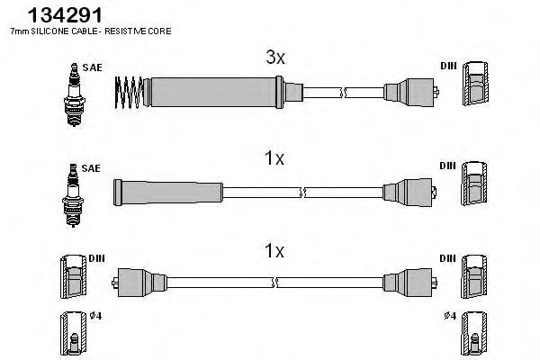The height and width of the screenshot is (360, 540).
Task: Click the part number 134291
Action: coord(42,14)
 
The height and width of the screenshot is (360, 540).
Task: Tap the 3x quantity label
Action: coord(274,58)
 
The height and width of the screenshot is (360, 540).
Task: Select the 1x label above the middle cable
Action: coord(274,159)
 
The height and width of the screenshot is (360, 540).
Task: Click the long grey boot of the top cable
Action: coord(213,91)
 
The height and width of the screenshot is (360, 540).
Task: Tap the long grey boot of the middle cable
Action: coord(167,190)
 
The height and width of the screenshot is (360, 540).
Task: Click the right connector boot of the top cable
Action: coord(409,91)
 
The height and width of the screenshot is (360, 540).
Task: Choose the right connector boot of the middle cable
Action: coord(409,190)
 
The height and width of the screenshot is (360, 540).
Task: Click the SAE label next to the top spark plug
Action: coord(91,67)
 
